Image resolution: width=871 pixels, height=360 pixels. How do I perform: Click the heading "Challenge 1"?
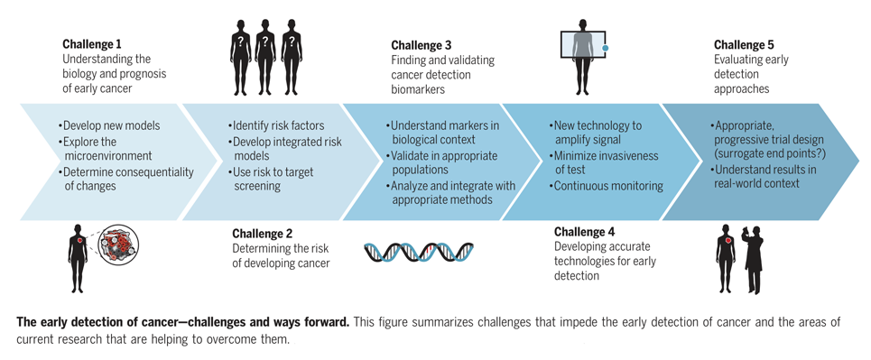point(92,44)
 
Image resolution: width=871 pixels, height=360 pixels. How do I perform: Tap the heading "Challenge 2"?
point(262,234)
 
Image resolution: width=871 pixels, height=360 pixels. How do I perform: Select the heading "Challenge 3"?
point(421,45)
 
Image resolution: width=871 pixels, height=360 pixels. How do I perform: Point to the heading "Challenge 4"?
point(584,232)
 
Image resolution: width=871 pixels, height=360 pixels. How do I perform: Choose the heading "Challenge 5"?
point(744,44)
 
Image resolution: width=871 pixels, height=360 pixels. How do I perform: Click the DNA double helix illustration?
point(420,253)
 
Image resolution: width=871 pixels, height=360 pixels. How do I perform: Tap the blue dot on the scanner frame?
point(606,49)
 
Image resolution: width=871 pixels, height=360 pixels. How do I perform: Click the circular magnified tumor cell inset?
point(118,246)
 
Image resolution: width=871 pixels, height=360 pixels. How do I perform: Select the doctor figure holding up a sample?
point(753,258)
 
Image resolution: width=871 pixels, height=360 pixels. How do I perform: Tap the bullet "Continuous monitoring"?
point(606,186)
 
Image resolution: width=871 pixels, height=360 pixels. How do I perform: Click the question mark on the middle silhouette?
point(265,41)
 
